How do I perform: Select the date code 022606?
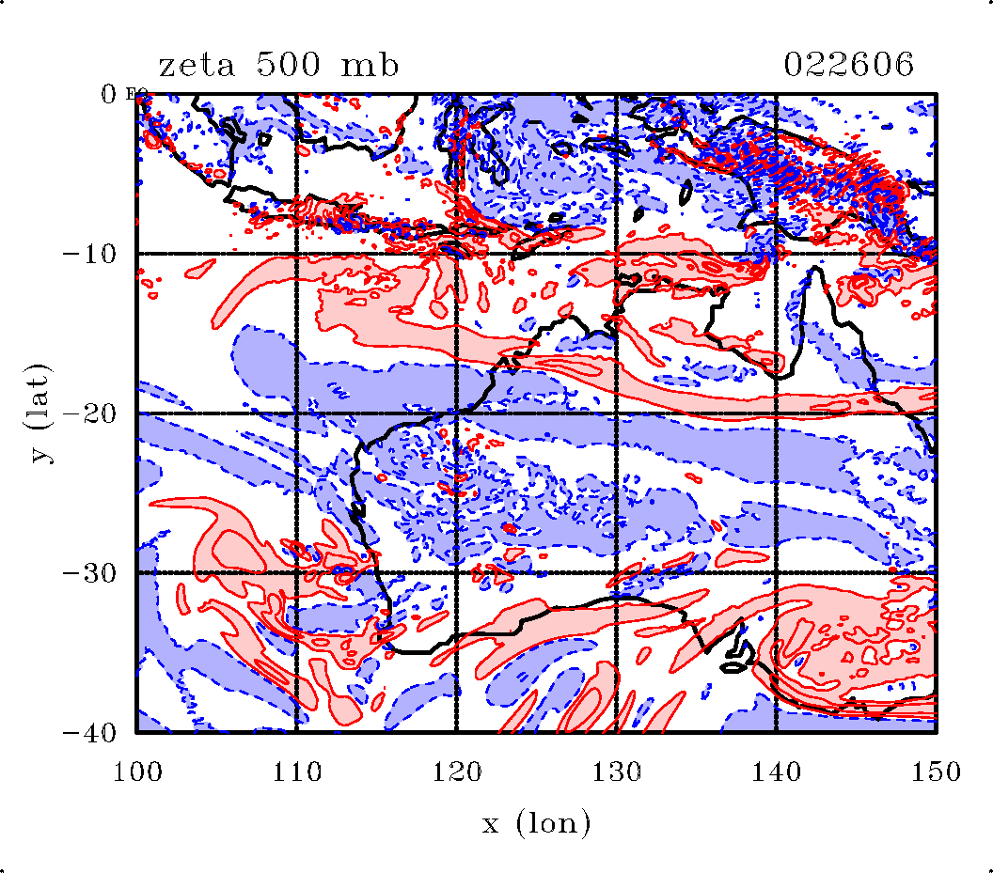click(848, 66)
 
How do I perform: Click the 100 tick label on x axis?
click(136, 772)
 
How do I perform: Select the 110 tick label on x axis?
click(296, 772)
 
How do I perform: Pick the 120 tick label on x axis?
click(456, 772)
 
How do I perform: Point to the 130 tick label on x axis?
click(616, 772)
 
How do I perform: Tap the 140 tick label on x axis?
click(776, 772)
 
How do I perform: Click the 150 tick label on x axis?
click(936, 772)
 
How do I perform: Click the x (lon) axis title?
click(537, 824)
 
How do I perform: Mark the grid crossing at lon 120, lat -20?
click(456, 413)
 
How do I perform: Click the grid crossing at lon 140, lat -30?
click(776, 573)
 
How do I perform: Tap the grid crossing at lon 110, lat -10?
click(296, 254)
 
